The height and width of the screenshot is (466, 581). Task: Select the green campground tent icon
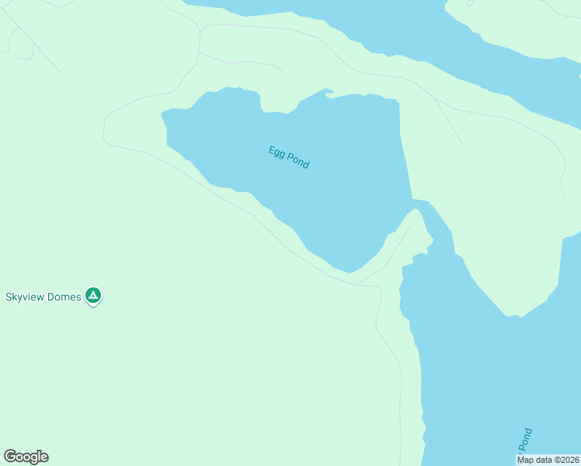[x=93, y=295]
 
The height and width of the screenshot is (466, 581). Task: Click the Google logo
[x=26, y=457]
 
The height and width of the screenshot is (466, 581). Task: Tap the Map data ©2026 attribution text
[x=548, y=460]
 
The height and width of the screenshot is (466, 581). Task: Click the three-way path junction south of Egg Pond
[x=357, y=285]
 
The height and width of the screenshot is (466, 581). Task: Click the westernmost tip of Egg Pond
[x=162, y=115]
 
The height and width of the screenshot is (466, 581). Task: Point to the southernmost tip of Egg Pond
[x=351, y=273]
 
